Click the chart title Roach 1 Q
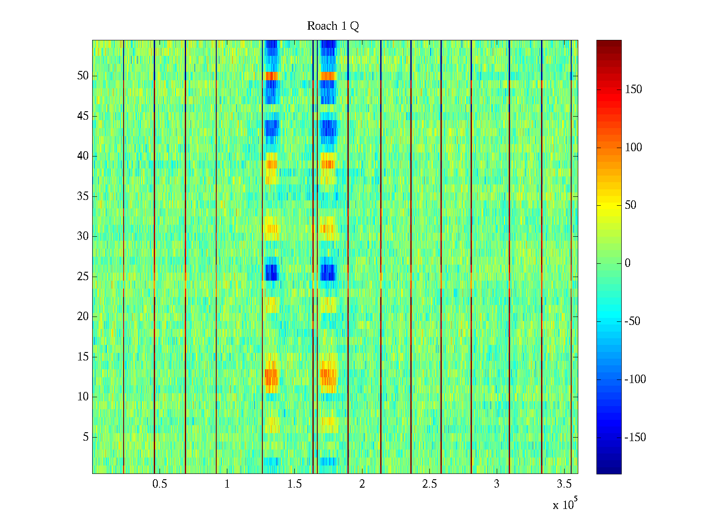[333, 27]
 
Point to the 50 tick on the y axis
[83, 76]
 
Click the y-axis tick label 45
[83, 116]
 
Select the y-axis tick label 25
[83, 277]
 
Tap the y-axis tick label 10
[83, 397]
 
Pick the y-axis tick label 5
[86, 437]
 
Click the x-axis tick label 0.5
[160, 484]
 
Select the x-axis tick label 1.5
[295, 484]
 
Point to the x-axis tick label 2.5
[429, 484]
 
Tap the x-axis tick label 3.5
[564, 484]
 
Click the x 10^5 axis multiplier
[565, 505]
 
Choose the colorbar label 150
[633, 90]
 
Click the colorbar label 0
[627, 263]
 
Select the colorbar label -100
[635, 379]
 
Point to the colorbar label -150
[635, 438]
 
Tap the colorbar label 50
[631, 205]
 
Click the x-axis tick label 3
[497, 484]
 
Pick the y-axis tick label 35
[83, 196]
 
